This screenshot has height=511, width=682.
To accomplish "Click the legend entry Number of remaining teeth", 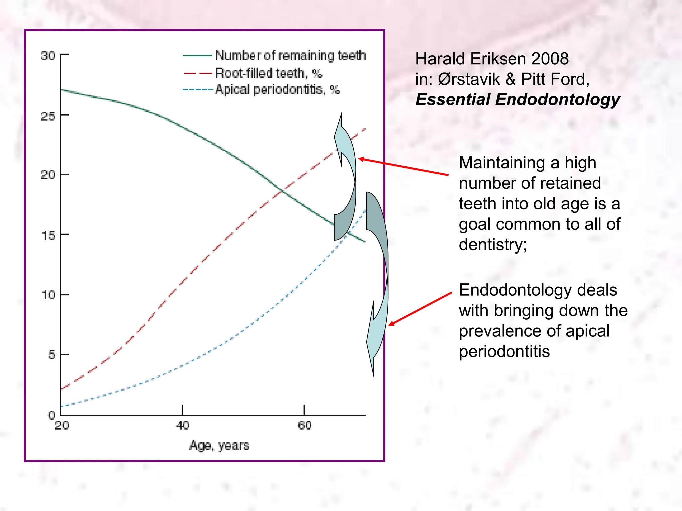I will [290, 55].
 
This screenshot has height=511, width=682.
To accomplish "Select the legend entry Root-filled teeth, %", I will [268, 73].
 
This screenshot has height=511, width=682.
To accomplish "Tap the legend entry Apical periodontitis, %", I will [277, 90].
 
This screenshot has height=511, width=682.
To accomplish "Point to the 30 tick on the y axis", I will [48, 56].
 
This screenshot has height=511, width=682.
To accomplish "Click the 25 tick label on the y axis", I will [48, 116].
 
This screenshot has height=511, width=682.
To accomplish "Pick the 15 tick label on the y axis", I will [48, 236].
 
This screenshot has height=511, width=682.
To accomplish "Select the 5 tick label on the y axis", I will [51, 355].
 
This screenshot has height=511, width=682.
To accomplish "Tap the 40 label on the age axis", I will [183, 426].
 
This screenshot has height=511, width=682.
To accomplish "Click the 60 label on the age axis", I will [304, 426].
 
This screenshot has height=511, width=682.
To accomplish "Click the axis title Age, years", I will [219, 445].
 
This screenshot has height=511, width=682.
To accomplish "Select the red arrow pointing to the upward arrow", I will [403, 167].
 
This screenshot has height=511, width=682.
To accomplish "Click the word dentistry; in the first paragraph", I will [493, 245].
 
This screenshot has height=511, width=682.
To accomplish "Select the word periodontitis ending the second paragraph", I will [504, 352].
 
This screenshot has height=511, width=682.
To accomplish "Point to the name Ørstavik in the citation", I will [469, 79].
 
